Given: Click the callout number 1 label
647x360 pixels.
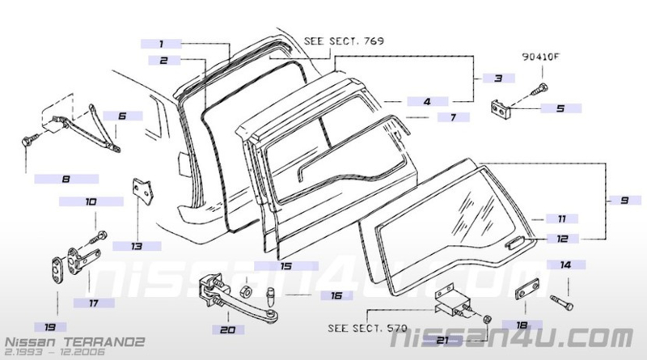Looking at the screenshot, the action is click(161, 44).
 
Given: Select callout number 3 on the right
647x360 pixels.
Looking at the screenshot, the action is click(498, 78).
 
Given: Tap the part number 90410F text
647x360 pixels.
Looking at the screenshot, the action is click(541, 57).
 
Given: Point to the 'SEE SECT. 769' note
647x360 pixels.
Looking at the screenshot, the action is click(344, 41).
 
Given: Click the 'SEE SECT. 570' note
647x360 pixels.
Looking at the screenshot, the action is click(367, 328).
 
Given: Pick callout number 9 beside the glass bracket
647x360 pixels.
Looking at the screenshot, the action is click(624, 201).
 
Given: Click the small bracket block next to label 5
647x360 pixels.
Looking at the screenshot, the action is click(501, 109).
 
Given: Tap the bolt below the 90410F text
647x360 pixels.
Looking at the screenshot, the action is click(541, 89).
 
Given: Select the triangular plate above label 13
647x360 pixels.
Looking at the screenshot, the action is click(143, 190).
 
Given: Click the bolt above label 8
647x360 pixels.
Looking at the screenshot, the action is click(29, 141).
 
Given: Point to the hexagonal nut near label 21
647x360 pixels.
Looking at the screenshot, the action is click(487, 319).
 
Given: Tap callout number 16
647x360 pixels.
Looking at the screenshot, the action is click(336, 295).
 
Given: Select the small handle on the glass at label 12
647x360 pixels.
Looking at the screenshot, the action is click(515, 243).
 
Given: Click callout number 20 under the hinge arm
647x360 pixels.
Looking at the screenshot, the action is click(227, 330).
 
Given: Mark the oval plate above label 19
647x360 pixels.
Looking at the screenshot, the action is click(57, 270).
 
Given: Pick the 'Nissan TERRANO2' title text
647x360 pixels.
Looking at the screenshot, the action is click(74, 342).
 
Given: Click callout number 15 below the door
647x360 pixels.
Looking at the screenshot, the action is click(286, 266).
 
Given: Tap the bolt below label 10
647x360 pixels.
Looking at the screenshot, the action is click(98, 238).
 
